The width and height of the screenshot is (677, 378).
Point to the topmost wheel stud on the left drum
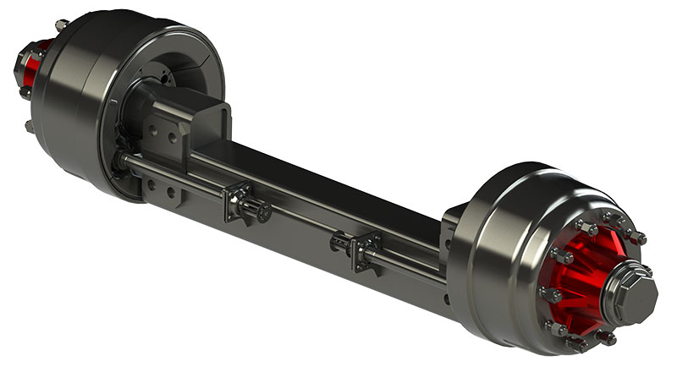[61, 25]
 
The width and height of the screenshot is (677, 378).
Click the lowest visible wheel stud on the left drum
[29, 127]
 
